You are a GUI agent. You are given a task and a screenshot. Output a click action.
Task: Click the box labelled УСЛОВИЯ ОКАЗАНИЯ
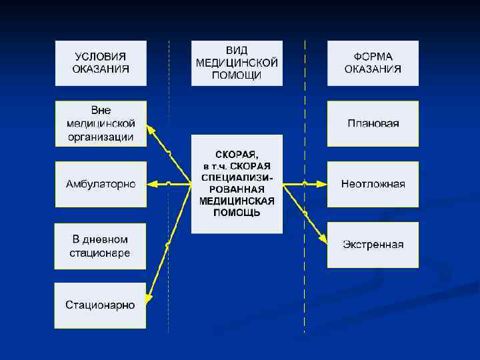coord(100,63)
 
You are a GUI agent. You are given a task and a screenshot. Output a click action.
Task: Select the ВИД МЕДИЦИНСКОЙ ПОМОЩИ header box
coord(237,63)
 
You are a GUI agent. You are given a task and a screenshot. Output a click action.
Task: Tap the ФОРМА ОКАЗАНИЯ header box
coord(373,63)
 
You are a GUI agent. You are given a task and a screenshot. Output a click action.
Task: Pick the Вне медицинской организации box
coord(100,123)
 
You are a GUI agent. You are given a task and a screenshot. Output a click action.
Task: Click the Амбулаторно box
coord(100,184)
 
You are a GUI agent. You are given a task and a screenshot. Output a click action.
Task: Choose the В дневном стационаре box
coord(100,246)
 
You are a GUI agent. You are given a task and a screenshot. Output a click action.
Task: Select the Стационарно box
coord(100,305)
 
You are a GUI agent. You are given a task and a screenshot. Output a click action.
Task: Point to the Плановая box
coord(373,123)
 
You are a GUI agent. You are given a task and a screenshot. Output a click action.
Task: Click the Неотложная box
coord(373,184)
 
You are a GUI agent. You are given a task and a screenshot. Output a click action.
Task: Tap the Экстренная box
coord(373,245)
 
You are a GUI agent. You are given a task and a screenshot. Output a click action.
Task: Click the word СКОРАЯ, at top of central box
coord(237,155)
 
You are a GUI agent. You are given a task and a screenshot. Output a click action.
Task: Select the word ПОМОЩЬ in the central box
coord(237,213)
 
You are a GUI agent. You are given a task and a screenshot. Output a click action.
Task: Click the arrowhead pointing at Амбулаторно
coord(152,183)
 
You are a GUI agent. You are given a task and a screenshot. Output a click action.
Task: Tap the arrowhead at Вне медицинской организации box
coord(151,129)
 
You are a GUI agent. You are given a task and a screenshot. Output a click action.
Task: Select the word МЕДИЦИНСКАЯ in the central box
coord(237,201)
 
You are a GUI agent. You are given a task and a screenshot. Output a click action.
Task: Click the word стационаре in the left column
coord(100,253)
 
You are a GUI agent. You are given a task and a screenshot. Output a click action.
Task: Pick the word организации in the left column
coord(100,137)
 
